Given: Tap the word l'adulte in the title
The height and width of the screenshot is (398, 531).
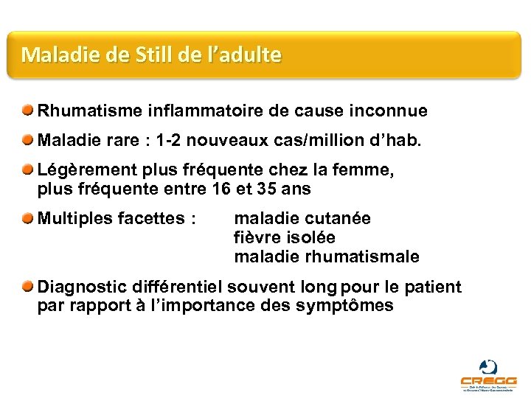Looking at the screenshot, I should pyautogui.click(x=245, y=55).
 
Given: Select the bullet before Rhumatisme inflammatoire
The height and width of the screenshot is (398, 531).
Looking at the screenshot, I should pyautogui.click(x=27, y=111).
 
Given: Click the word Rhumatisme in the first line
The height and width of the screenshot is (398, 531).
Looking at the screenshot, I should pyautogui.click(x=83, y=111).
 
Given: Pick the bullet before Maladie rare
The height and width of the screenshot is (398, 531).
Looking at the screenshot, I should pyautogui.click(x=27, y=140).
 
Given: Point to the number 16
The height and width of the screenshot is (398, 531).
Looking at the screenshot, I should pyautogui.click(x=220, y=189).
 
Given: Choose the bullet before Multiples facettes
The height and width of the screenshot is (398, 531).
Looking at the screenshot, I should pyautogui.click(x=27, y=218).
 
